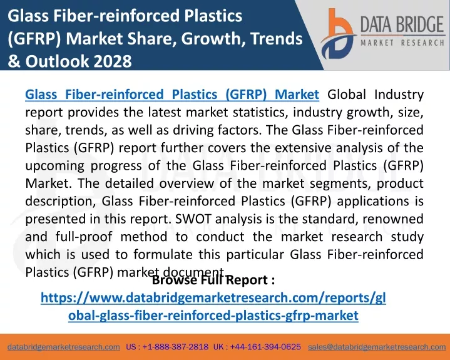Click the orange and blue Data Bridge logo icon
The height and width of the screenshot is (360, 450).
click(338, 34)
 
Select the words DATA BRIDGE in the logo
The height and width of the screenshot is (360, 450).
click(402, 24)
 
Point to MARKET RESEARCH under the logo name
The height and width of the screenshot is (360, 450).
click(402, 43)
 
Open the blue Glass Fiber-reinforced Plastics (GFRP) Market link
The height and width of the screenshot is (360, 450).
click(172, 95)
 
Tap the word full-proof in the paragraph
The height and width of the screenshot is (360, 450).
click(84, 237)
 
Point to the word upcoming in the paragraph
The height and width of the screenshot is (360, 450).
click(55, 166)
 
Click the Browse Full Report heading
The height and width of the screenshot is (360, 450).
click(213, 280)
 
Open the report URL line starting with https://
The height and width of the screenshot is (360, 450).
click(213, 297)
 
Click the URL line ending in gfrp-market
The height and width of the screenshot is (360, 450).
click(213, 316)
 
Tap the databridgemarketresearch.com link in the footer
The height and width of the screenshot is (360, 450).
click(64, 347)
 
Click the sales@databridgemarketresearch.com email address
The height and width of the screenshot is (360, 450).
click(377, 347)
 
